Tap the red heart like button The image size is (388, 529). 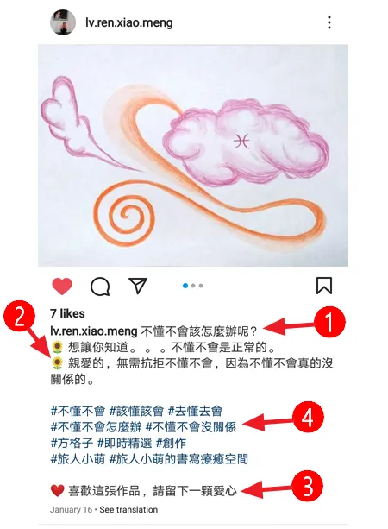click(x=61, y=286)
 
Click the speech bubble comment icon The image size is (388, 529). click(x=99, y=286)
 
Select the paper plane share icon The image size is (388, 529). click(x=138, y=286)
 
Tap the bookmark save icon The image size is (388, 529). click(x=324, y=286)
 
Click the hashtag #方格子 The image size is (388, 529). click(x=71, y=441)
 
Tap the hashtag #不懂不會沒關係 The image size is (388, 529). click(x=193, y=425)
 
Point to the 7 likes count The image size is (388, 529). click(x=67, y=313)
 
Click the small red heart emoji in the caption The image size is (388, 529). click(x=57, y=491)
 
